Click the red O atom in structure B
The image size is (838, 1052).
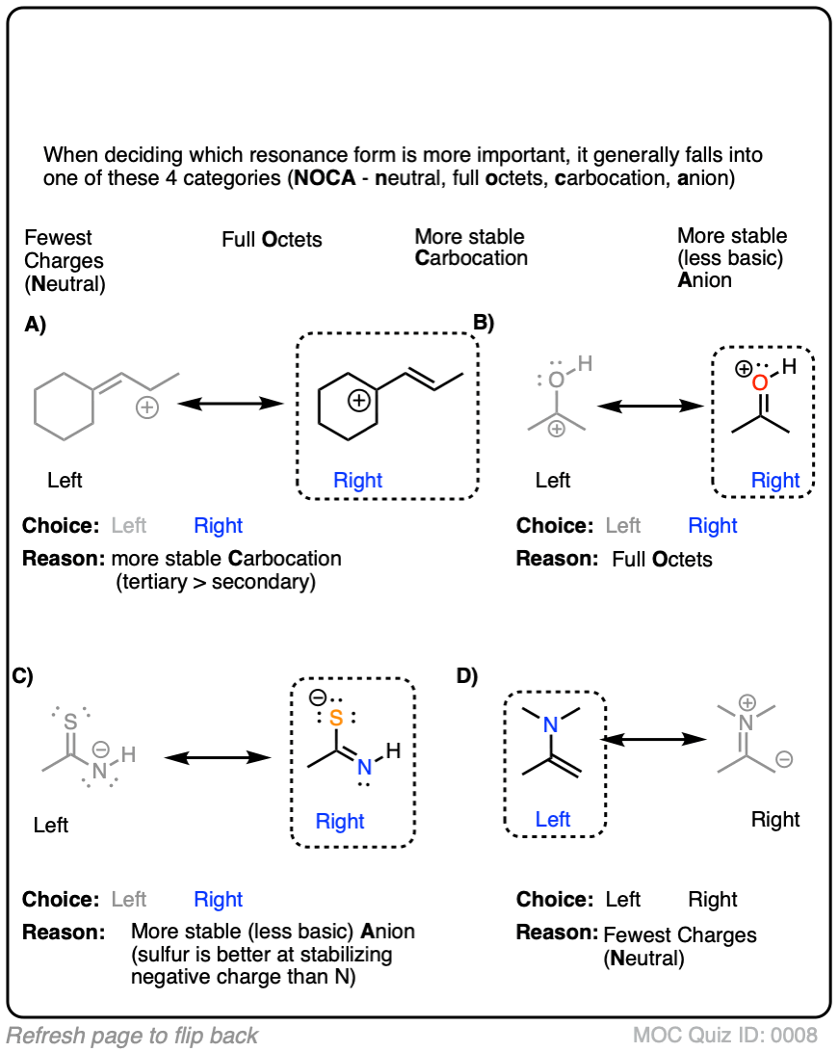coord(760,384)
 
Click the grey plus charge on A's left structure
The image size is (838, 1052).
coord(146,408)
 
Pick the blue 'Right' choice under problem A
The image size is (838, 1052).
coord(218,526)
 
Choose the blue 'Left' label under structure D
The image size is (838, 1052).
coord(553,819)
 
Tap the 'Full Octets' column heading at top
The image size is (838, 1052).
coord(272,239)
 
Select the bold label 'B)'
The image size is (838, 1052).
coord(482,323)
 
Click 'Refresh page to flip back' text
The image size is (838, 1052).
coord(132,1037)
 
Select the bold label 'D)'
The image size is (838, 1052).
coord(467,677)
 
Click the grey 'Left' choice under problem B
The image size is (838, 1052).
coord(622,526)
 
